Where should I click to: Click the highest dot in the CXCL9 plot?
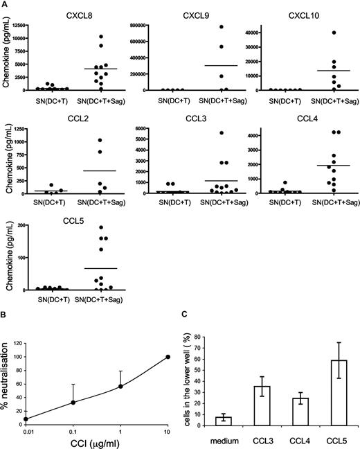(x=204, y=27)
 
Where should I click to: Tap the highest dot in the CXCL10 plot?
(x=314, y=33)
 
